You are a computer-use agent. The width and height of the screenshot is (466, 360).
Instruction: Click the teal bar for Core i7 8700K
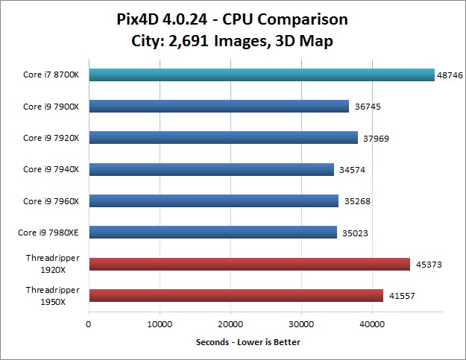click(261, 75)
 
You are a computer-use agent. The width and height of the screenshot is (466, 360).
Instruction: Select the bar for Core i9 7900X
click(218, 107)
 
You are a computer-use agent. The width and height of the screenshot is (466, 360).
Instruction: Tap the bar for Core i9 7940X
click(211, 170)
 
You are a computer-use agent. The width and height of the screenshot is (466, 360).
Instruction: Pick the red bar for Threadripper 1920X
click(249, 264)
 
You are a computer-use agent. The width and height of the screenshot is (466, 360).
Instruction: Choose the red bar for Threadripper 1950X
click(236, 296)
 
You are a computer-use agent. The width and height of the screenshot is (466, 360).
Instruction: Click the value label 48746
click(450, 75)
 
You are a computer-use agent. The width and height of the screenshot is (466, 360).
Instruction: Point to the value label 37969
click(375, 139)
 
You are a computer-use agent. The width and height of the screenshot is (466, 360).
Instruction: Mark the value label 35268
click(356, 202)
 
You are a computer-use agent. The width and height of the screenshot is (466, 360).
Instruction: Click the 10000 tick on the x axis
click(160, 324)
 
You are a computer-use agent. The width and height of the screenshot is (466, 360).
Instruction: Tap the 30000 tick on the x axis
click(301, 324)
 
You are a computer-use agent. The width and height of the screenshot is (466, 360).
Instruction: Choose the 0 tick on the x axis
click(89, 324)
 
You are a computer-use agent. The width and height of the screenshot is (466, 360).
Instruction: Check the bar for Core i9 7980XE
click(212, 233)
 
